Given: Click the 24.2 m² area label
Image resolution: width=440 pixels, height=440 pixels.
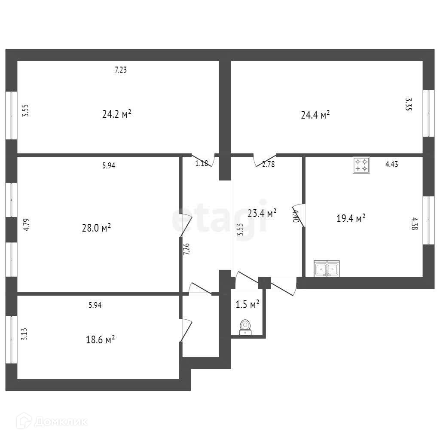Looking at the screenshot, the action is [x=116, y=115].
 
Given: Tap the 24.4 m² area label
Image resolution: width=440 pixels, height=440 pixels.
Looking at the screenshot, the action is [x=315, y=115].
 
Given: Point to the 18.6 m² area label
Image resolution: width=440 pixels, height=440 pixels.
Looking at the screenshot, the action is [x=100, y=339].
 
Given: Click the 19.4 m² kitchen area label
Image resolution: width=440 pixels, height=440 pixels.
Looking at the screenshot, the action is [x=351, y=218].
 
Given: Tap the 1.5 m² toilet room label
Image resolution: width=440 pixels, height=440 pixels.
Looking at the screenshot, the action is [x=247, y=305].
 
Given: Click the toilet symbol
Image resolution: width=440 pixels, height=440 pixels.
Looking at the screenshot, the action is [x=245, y=327].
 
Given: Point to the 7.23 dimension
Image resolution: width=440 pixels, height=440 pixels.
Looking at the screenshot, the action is [x=121, y=70].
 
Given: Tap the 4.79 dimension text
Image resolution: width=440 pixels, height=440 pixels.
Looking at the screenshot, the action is [x=26, y=225].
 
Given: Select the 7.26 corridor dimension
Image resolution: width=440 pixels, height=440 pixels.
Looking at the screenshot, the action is [x=186, y=249].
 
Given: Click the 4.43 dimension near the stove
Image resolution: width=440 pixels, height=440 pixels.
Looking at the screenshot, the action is [x=391, y=164].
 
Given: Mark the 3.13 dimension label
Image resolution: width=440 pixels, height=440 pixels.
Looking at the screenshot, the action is [x=25, y=334].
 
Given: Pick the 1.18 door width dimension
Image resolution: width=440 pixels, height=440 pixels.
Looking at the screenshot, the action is [x=202, y=164].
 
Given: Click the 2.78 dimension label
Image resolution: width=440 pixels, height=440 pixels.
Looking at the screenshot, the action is [x=268, y=164].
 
